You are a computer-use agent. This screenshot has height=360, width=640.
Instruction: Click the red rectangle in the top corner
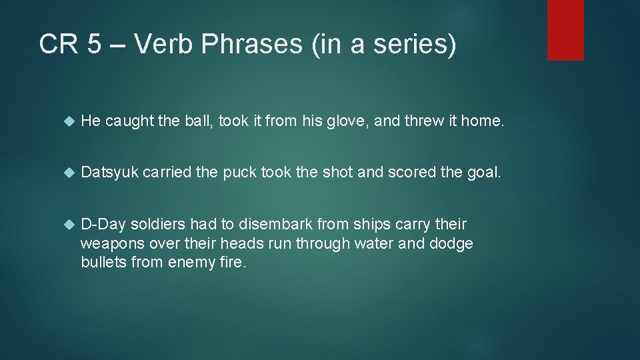[565, 30]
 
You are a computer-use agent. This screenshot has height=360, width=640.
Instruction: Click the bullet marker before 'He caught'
[67, 121]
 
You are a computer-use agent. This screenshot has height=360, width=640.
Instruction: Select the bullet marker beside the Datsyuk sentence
[67, 173]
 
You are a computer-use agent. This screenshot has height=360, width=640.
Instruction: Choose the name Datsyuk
[109, 173]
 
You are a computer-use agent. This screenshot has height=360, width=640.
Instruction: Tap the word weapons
[109, 243]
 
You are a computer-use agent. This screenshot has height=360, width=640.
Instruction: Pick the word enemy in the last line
[191, 262]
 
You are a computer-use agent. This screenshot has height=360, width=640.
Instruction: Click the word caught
[128, 121]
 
